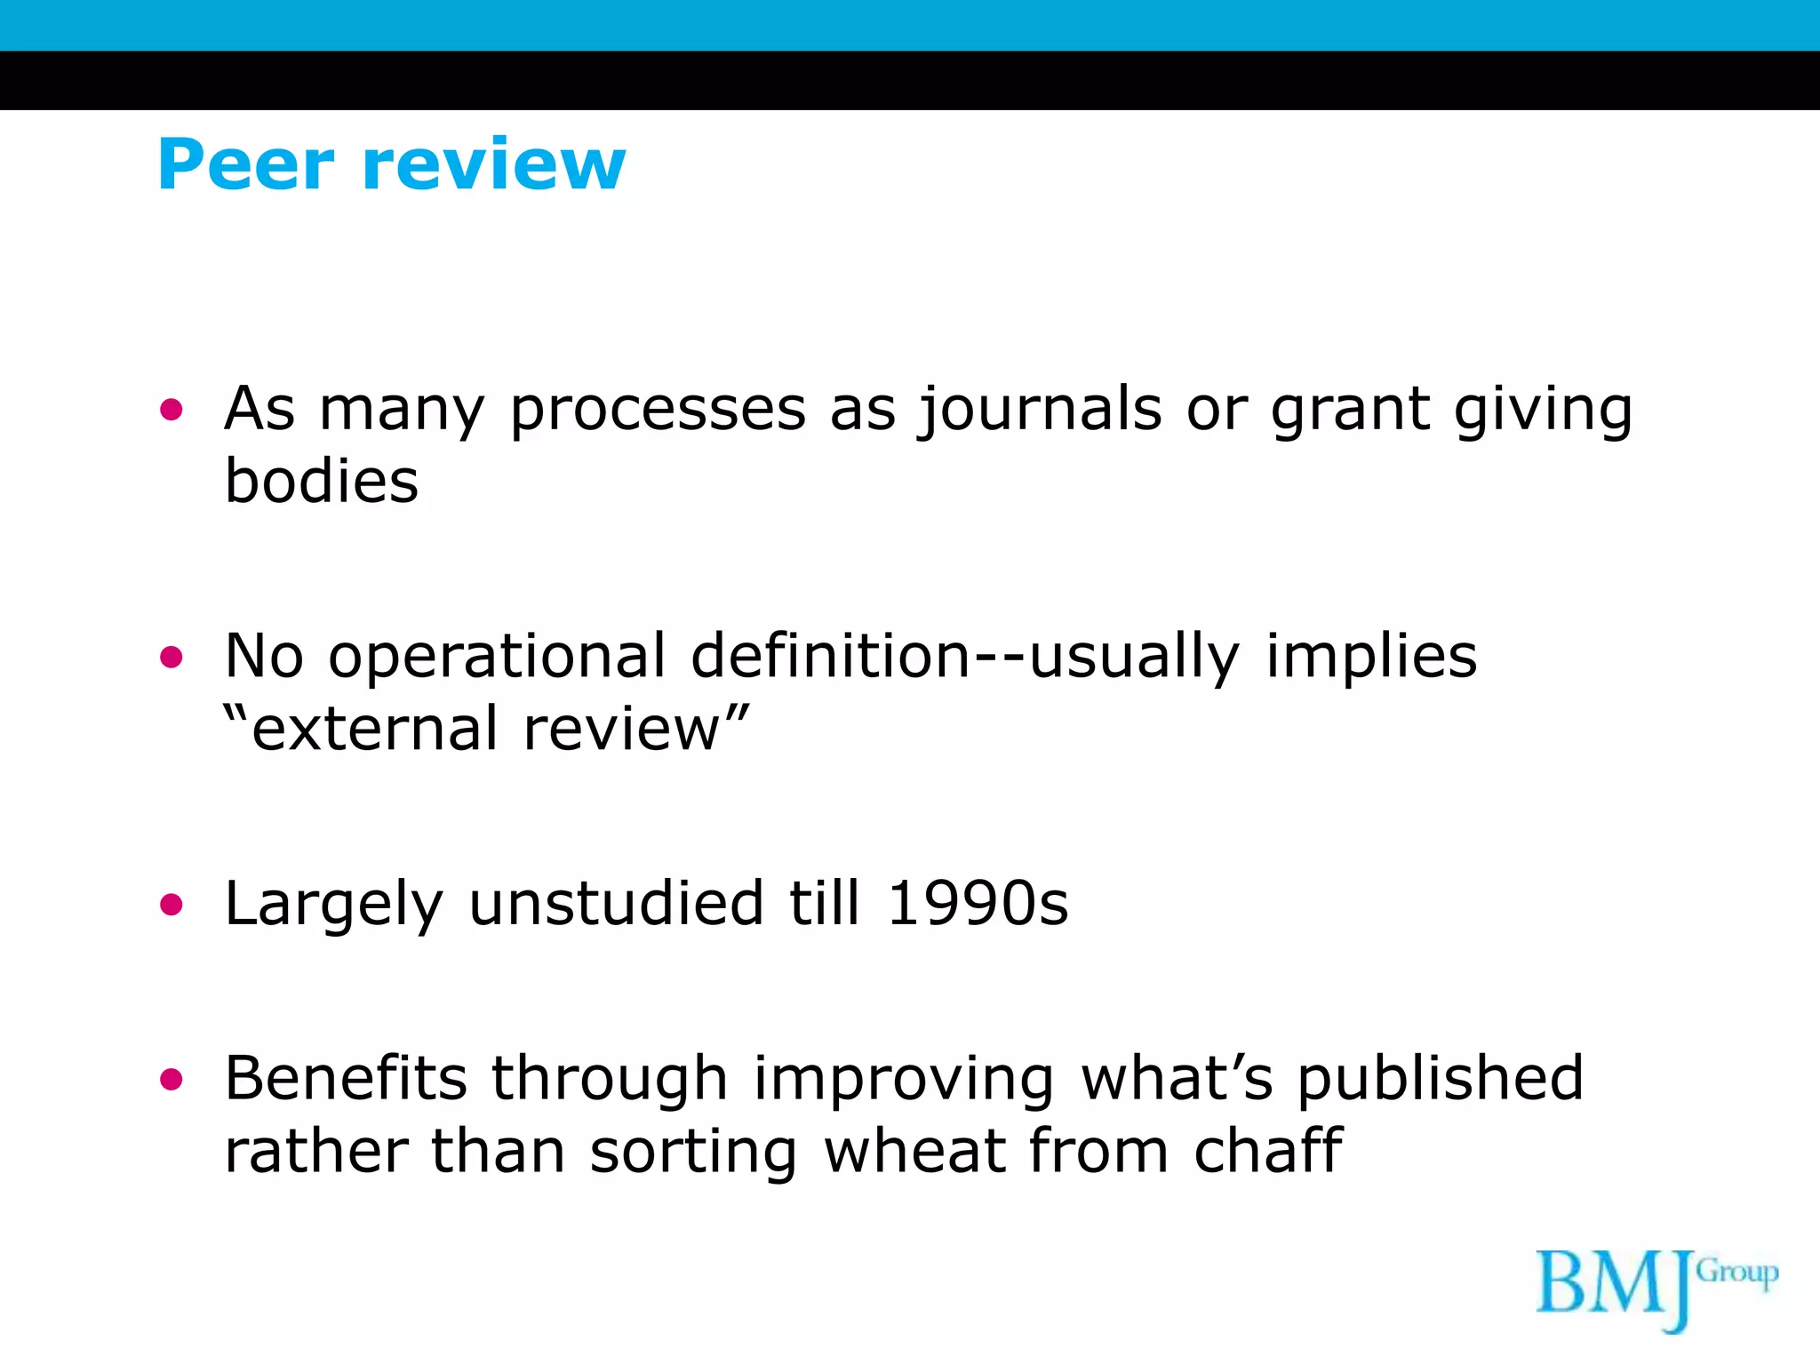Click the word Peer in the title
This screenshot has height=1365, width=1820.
coord(245,164)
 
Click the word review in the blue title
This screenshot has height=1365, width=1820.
coord(494,164)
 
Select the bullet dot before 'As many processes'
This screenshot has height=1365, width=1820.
coord(171,410)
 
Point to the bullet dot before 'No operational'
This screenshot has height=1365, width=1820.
coord(171,658)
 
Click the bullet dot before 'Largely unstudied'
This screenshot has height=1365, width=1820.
coord(171,905)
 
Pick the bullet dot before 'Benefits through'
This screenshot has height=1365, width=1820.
coord(171,1080)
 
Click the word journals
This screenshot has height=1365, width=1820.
coord(1039,411)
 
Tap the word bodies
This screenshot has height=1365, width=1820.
coord(321,482)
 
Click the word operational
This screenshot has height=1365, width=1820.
coord(497,658)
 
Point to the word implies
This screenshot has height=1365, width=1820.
coord(1371,658)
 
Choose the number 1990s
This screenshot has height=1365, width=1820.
coord(978,905)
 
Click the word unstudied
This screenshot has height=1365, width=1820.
coord(616,905)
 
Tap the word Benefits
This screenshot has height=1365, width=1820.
coord(346,1079)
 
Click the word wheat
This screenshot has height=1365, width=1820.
coord(914,1152)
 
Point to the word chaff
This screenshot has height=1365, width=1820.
coord(1268,1152)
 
